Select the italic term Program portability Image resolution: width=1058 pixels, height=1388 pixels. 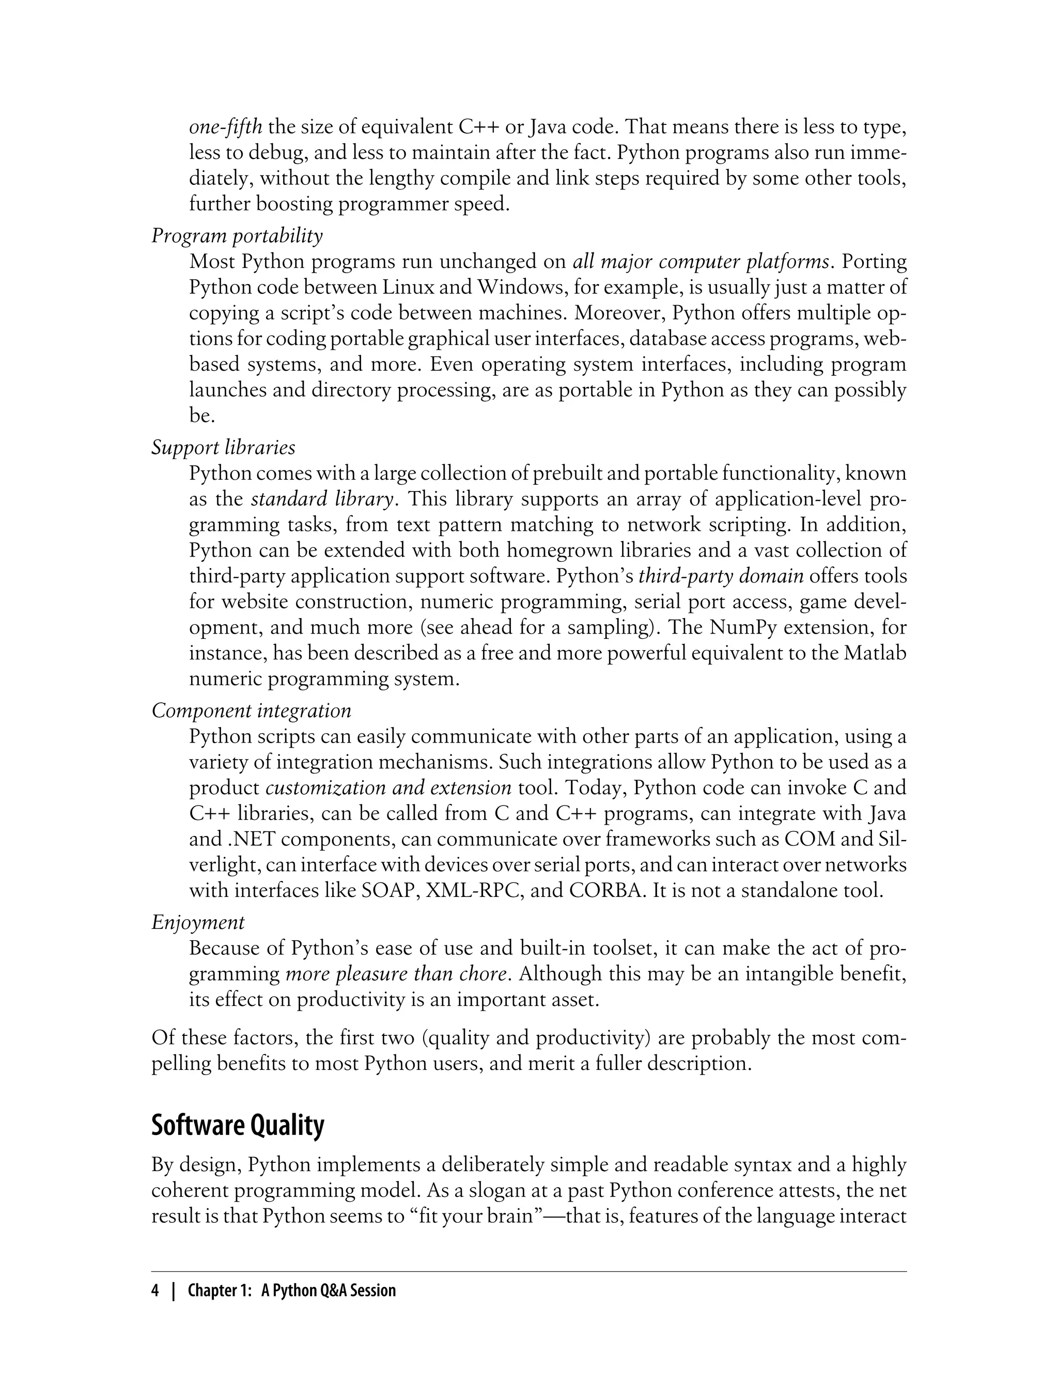pos(237,236)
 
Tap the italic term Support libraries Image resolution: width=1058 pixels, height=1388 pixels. pos(223,448)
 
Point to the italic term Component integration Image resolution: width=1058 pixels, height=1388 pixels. pos(251,711)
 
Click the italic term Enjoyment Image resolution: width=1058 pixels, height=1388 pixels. pos(198,922)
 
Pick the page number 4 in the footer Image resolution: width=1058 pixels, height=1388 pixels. pos(155,1290)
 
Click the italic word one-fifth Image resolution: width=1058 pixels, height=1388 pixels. pos(225,127)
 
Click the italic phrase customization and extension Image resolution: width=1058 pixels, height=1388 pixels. pos(388,787)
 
